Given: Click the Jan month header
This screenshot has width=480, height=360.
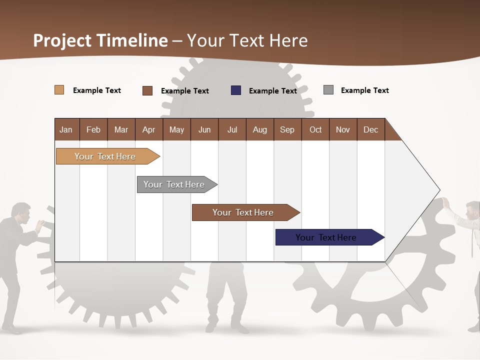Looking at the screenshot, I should click(66, 129).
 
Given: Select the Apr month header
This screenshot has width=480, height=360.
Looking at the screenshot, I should click(149, 129).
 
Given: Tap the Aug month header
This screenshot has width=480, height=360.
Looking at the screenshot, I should click(260, 129).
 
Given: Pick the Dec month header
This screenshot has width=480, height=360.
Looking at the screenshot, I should click(370, 129).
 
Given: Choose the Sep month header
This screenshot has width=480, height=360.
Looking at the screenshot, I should click(287, 129).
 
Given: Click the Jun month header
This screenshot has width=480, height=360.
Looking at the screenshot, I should click(204, 129).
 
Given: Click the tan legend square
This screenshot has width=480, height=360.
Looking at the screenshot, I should click(59, 90).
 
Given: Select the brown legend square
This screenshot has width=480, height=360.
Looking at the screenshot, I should click(147, 90).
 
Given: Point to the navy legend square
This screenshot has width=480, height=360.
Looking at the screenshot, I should click(236, 90).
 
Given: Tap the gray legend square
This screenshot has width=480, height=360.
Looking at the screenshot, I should click(328, 90).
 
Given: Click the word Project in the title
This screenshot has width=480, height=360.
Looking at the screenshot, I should click(62, 40).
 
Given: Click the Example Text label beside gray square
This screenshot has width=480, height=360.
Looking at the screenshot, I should click(364, 90).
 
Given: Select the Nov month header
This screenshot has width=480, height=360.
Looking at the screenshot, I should click(343, 129).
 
